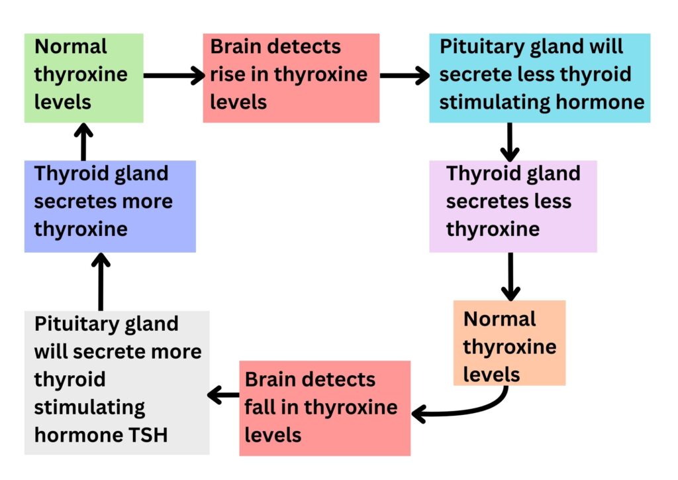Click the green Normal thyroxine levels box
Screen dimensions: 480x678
click(83, 78)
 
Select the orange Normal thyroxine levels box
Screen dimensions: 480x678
click(509, 343)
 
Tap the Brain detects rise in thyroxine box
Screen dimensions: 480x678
click(291, 78)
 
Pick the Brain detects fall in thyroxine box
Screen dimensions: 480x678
click(324, 408)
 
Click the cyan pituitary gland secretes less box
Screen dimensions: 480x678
click(540, 78)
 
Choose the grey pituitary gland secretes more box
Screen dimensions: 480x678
click(117, 382)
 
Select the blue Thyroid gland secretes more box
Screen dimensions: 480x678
click(110, 206)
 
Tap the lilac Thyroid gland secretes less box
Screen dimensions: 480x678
click(512, 206)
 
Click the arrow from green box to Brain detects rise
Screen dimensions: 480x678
click(173, 76)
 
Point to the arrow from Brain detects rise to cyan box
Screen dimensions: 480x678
click(404, 76)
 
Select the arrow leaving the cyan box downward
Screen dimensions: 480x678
click(509, 141)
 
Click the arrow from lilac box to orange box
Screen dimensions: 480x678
click(510, 276)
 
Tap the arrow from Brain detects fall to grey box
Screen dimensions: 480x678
click(224, 396)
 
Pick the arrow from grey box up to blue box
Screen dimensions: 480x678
click(101, 282)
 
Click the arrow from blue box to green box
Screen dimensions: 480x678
click(83, 141)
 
